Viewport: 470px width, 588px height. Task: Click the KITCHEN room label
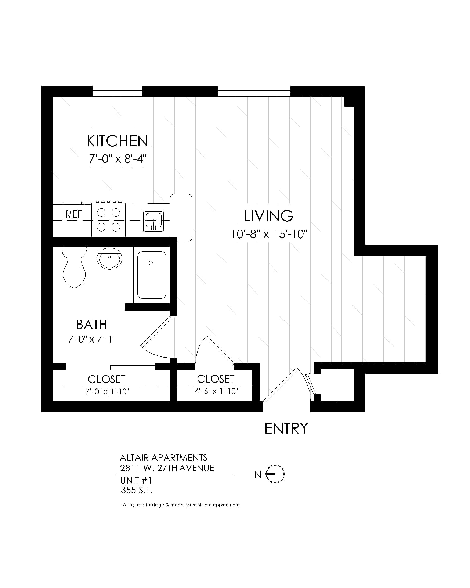pyautogui.click(x=117, y=141)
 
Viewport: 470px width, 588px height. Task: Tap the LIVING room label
pyautogui.click(x=269, y=216)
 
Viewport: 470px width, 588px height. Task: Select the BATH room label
pyautogui.click(x=91, y=325)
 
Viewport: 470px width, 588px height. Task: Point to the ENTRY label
pyautogui.click(x=286, y=428)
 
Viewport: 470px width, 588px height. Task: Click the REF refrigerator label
pyautogui.click(x=74, y=214)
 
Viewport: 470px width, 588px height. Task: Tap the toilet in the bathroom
pyautogui.click(x=74, y=267)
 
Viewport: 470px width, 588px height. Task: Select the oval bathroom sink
pyautogui.click(x=109, y=258)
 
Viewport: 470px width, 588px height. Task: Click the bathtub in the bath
pyautogui.click(x=152, y=275)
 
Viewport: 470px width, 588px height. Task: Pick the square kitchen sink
pyautogui.click(x=153, y=221)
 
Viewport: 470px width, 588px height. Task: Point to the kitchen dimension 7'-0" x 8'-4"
pyautogui.click(x=118, y=158)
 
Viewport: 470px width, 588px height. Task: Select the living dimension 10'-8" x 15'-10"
pyautogui.click(x=269, y=234)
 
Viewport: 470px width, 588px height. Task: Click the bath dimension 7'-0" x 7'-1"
pyautogui.click(x=92, y=339)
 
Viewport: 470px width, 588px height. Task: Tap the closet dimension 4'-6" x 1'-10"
pyautogui.click(x=216, y=391)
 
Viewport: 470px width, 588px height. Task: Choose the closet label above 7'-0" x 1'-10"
pyautogui.click(x=106, y=379)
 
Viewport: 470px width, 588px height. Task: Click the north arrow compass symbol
pyautogui.click(x=275, y=474)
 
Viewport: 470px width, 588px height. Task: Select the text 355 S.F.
pyautogui.click(x=136, y=490)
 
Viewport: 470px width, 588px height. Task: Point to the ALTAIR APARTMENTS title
pyautogui.click(x=164, y=458)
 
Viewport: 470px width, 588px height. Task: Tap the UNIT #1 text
pyautogui.click(x=136, y=480)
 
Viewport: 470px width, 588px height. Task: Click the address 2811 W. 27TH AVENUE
pyautogui.click(x=167, y=468)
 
